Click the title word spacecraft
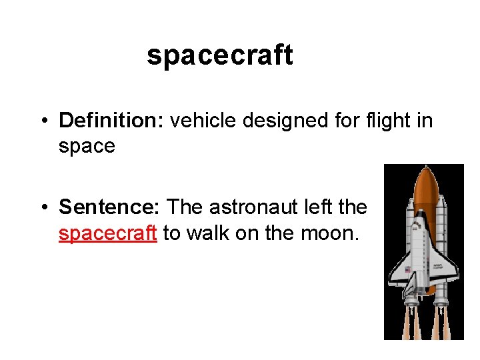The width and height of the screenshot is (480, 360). coord(220,55)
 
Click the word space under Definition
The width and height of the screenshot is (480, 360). coord(87,146)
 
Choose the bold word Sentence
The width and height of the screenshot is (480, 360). coord(109,207)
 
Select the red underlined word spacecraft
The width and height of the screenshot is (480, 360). coord(108,233)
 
